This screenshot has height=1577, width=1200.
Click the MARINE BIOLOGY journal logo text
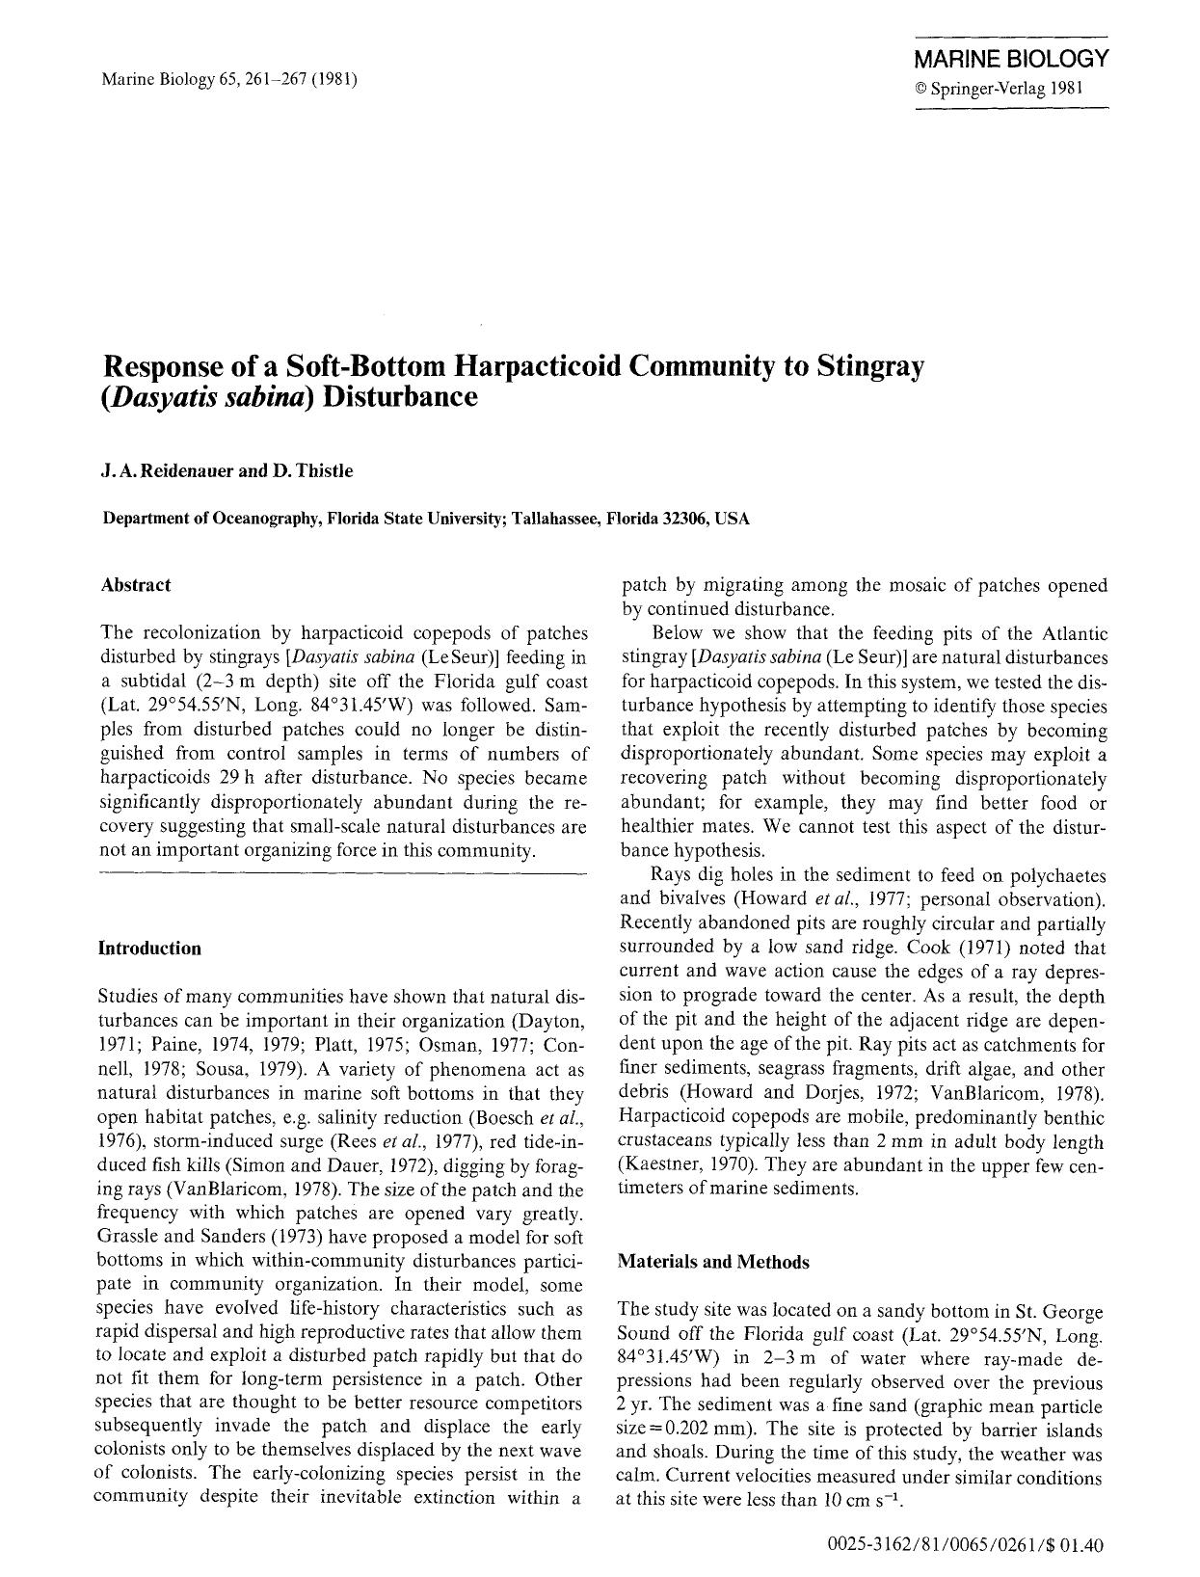[x=1011, y=60]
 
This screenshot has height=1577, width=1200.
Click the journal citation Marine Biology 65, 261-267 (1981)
[x=229, y=79]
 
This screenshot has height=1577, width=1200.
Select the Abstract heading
[x=136, y=585]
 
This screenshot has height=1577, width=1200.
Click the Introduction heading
[x=150, y=949]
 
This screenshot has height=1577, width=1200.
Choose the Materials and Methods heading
[x=713, y=1262]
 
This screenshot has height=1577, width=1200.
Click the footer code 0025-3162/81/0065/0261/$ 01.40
[x=965, y=1545]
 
